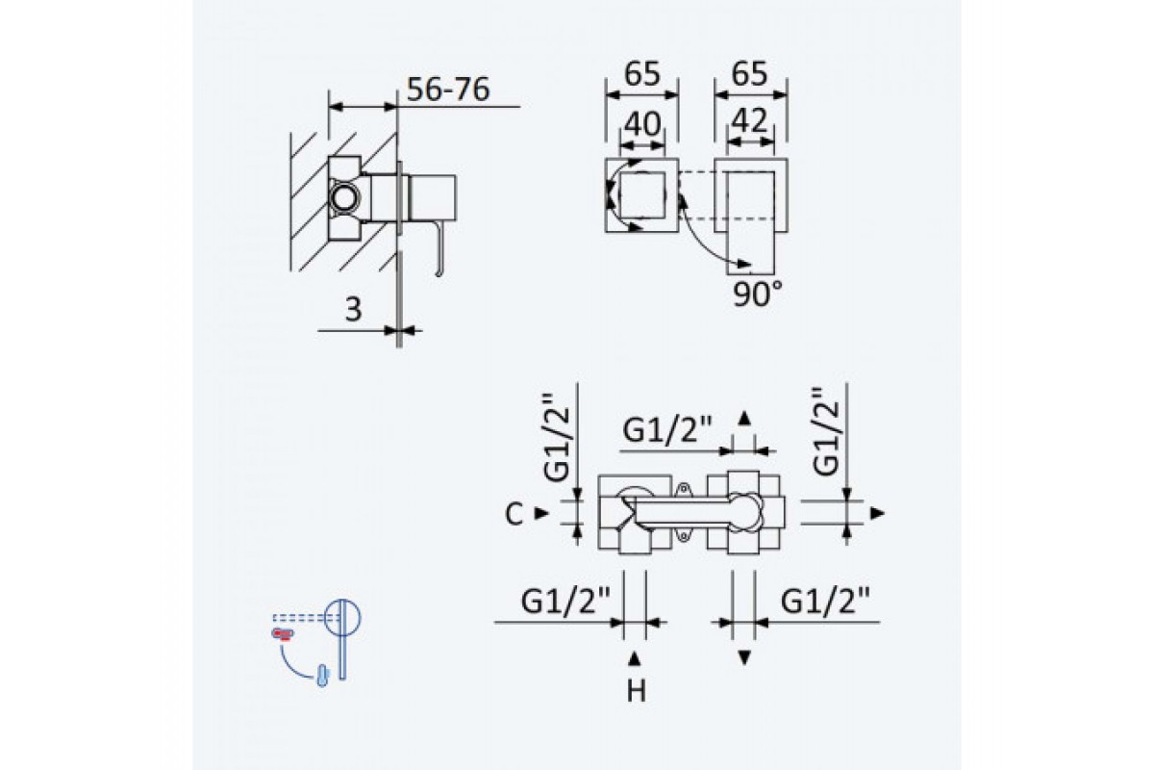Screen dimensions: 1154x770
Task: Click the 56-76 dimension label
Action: click(448, 90)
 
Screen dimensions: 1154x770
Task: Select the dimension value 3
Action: click(353, 310)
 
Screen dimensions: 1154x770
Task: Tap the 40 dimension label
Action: click(642, 124)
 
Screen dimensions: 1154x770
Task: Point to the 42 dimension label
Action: click(749, 121)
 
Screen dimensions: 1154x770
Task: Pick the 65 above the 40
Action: click(642, 74)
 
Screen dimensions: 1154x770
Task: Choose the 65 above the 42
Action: click(749, 74)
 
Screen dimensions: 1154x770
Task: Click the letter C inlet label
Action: click(514, 514)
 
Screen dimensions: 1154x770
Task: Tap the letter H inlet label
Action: click(637, 691)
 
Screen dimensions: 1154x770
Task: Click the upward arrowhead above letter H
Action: click(635, 658)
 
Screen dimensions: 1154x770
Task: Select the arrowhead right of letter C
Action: click(542, 513)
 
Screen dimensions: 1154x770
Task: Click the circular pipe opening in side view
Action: click(344, 198)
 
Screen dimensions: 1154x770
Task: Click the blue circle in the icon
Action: click(342, 617)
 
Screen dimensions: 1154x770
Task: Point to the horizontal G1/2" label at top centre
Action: click(667, 429)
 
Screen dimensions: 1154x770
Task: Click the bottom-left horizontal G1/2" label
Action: click(565, 601)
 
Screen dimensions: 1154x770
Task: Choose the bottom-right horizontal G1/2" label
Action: click(825, 601)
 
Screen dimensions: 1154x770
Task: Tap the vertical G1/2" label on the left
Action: click(558, 438)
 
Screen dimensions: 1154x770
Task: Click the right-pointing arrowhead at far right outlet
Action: click(877, 513)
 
